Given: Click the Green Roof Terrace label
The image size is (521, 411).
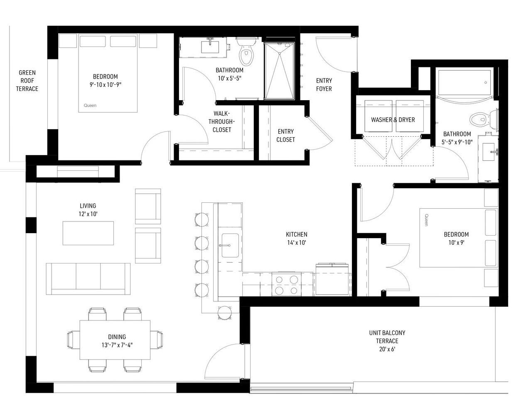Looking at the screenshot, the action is pyautogui.click(x=27, y=81).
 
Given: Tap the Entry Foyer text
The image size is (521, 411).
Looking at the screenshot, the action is pyautogui.click(x=324, y=84).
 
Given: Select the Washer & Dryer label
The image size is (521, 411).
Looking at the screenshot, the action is pyautogui.click(x=393, y=120).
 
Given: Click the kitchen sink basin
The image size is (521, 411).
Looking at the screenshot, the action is pyautogui.click(x=230, y=245).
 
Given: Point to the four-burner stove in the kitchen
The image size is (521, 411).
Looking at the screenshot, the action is pyautogui.click(x=287, y=284).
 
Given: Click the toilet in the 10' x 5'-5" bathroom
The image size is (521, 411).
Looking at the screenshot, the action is pyautogui.click(x=246, y=52).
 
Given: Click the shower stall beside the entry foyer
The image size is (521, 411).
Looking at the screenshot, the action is pyautogui.click(x=279, y=71).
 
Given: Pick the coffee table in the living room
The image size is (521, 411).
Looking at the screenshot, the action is pyautogui.click(x=88, y=233).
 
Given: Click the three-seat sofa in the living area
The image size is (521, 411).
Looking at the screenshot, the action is pyautogui.click(x=88, y=279).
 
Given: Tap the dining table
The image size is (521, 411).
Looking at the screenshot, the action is pyautogui.click(x=115, y=340).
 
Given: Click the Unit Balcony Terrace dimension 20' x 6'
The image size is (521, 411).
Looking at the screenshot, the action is pyautogui.click(x=387, y=349).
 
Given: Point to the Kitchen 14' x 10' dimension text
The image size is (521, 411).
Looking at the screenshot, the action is pyautogui.click(x=297, y=242).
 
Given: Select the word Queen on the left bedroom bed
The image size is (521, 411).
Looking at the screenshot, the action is pyautogui.click(x=90, y=106).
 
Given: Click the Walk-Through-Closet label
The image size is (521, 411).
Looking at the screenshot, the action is pyautogui.click(x=221, y=122).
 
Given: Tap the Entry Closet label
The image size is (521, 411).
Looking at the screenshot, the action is pyautogui.click(x=286, y=135).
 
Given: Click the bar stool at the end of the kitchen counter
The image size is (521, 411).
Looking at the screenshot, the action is pyautogui.click(x=225, y=313).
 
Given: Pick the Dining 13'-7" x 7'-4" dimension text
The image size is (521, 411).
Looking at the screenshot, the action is pyautogui.click(x=117, y=345).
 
